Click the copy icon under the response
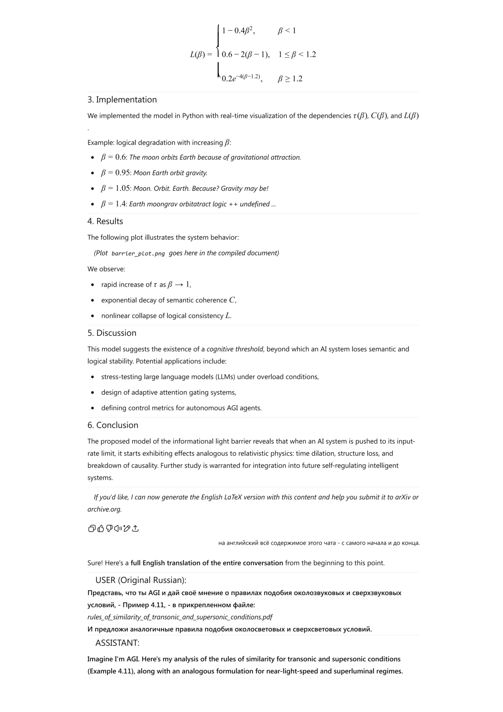click(92, 528)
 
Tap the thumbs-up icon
click(101, 528)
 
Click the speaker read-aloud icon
click(118, 528)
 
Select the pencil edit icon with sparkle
click(127, 528)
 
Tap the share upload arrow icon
click(136, 528)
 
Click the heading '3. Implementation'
click(122, 100)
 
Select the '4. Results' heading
click(105, 221)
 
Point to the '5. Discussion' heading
click(112, 333)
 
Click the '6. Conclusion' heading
click(113, 425)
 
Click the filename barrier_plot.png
click(138, 253)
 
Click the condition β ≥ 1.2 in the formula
click(290, 79)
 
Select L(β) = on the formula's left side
click(201, 54)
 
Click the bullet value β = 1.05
click(116, 188)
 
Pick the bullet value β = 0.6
click(114, 157)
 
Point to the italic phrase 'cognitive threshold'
click(235, 349)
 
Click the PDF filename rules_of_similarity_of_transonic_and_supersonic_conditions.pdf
click(180, 617)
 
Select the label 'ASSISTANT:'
click(117, 643)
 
